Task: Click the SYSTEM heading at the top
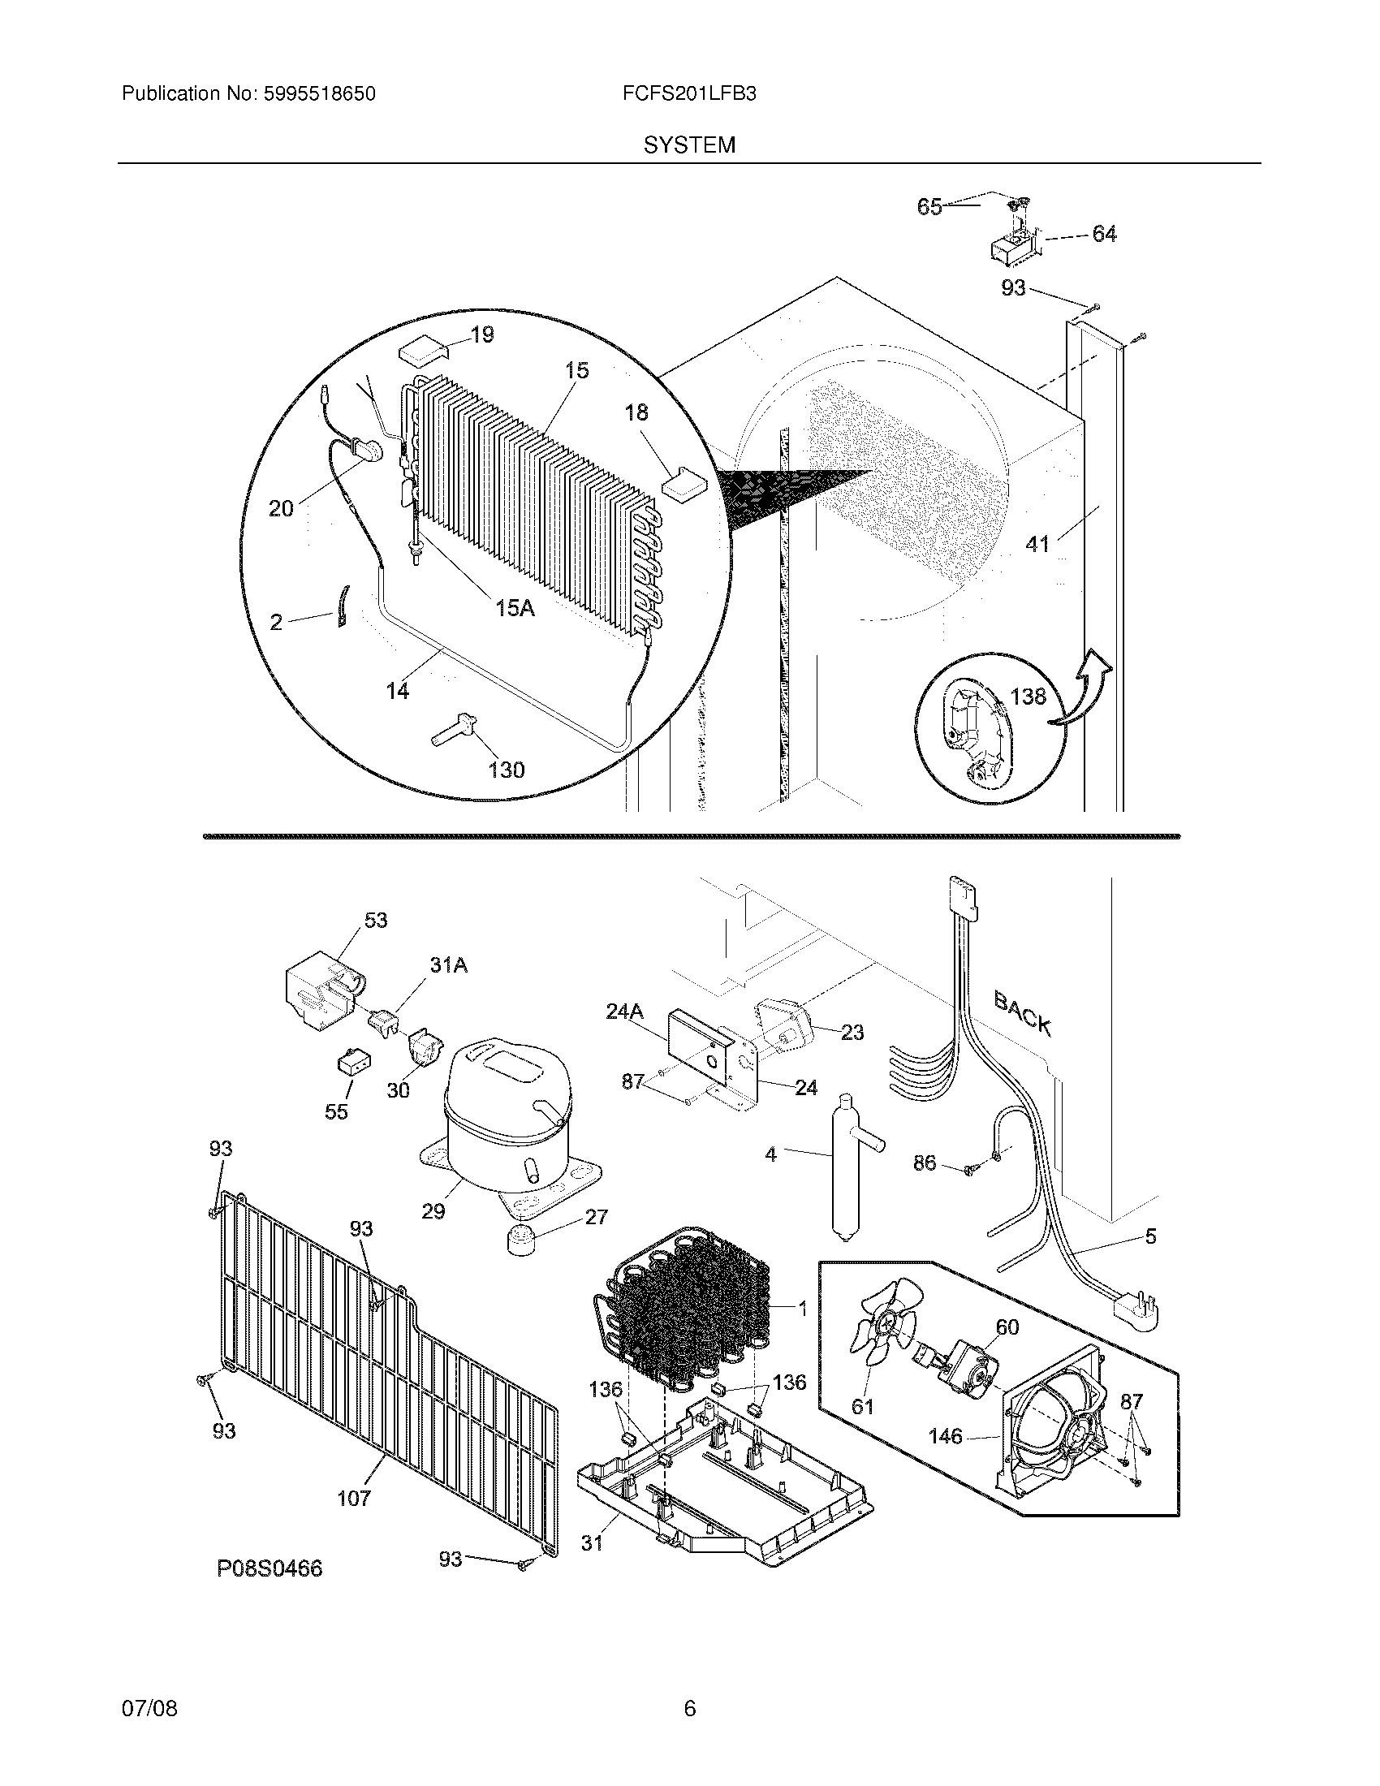tap(688, 145)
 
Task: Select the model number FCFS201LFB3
tap(688, 93)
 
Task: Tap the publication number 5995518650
tap(319, 93)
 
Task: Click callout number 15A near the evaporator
tap(515, 607)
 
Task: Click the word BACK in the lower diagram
tap(1022, 1012)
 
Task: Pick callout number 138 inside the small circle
tap(1028, 696)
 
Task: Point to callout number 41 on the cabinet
tap(1037, 543)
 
